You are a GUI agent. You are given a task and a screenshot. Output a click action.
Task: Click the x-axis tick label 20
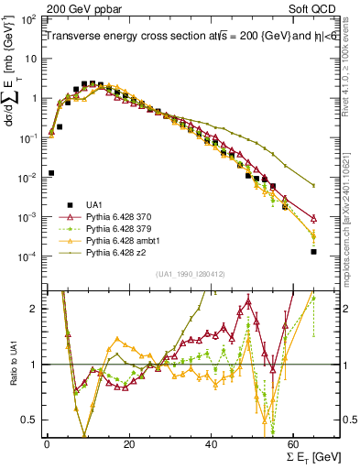(x=128, y=444)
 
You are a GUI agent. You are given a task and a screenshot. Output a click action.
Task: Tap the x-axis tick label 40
(x=211, y=444)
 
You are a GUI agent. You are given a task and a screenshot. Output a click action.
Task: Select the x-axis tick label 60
(x=293, y=444)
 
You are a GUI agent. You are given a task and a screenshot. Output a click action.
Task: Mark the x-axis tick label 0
(x=46, y=444)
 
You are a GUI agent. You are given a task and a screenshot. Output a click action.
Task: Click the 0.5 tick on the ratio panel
(x=33, y=420)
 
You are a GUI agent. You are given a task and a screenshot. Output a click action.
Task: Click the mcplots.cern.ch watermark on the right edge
(x=352, y=183)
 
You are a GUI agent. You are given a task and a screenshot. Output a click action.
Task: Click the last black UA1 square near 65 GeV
(x=314, y=251)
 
